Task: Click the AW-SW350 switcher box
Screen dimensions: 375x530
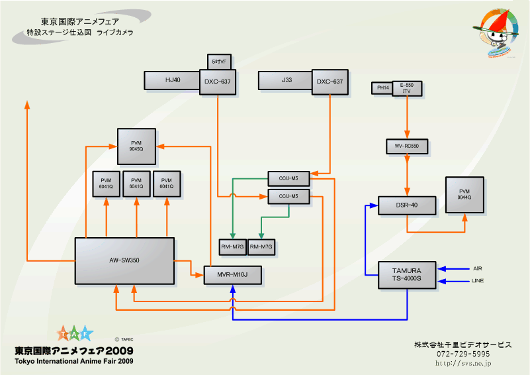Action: click(124, 260)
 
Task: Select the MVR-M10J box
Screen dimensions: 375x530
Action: click(233, 274)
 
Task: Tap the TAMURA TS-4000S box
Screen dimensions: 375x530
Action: click(407, 275)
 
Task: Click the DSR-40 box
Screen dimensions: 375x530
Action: click(407, 205)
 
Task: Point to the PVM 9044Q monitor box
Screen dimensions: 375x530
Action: click(464, 195)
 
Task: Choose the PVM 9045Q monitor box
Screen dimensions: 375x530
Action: click(136, 146)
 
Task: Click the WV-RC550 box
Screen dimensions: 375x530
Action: click(407, 146)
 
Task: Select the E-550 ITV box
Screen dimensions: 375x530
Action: click(407, 89)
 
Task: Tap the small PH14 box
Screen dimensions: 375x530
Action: click(382, 88)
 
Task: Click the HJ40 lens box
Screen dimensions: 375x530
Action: click(172, 80)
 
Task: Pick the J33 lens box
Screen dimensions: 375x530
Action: click(286, 80)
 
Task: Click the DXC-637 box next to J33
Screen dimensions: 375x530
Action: click(330, 81)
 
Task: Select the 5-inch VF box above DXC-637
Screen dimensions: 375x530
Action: click(219, 62)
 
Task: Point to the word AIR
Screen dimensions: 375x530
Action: click(478, 269)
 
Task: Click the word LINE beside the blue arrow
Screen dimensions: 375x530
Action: click(478, 282)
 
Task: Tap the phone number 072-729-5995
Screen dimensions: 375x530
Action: click(463, 354)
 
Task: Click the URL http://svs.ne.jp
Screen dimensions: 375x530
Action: click(463, 363)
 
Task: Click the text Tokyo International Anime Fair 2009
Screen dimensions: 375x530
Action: click(74, 362)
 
